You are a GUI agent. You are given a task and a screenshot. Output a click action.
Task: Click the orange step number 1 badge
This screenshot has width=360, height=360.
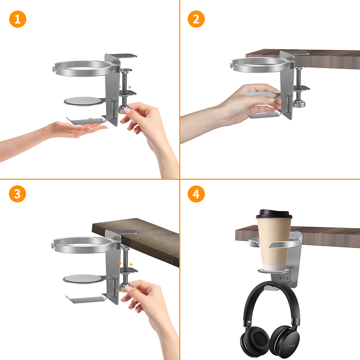pos(18,19)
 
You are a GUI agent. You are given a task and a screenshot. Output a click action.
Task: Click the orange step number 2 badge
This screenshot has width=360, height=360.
pos(196,19)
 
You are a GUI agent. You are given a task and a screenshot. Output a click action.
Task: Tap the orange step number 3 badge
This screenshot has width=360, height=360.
pos(17,194)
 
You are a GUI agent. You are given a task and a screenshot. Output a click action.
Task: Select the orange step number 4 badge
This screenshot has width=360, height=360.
pos(196,194)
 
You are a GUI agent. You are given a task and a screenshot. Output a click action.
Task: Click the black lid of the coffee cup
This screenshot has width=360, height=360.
pos(274,214)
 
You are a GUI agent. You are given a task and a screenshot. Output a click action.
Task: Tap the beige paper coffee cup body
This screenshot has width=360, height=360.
pos(274,243)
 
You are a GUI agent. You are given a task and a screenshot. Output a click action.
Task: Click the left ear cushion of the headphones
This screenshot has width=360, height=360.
pos(255,340)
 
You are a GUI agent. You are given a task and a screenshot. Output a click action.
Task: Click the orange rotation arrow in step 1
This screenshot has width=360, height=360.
pos(124,113)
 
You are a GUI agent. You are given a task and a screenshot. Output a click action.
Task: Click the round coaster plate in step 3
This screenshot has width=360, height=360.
pos(82,279)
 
